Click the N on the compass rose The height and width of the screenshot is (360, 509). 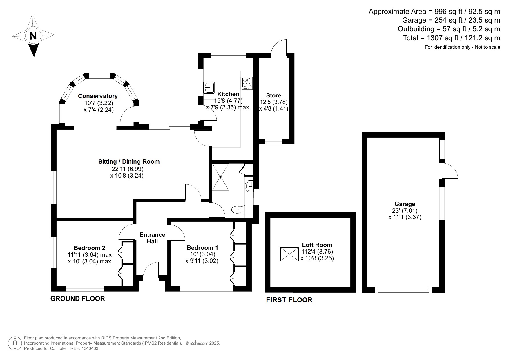tap(33, 36)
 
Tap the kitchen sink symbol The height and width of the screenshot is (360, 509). tap(209, 87)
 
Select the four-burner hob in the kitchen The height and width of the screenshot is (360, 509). tap(247, 83)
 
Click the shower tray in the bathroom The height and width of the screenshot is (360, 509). tap(221, 177)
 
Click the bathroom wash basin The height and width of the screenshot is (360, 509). tap(249, 186)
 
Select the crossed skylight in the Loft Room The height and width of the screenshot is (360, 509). tap(289, 254)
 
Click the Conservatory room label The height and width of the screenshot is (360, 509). tap(98, 96)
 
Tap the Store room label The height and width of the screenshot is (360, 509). tap(273, 95)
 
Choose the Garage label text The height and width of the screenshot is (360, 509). tap(405, 204)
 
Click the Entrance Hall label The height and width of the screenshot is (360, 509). tap(152, 238)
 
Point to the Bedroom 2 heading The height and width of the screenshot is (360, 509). tap(89, 248)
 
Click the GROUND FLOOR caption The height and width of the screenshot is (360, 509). tap(77, 299)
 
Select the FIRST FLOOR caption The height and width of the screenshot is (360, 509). tap(289, 300)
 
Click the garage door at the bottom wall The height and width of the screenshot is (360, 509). tap(403, 290)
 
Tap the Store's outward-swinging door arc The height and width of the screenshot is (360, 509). tap(278, 46)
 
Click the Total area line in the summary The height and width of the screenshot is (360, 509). tap(451, 38)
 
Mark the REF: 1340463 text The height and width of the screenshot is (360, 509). tap(84, 348)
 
